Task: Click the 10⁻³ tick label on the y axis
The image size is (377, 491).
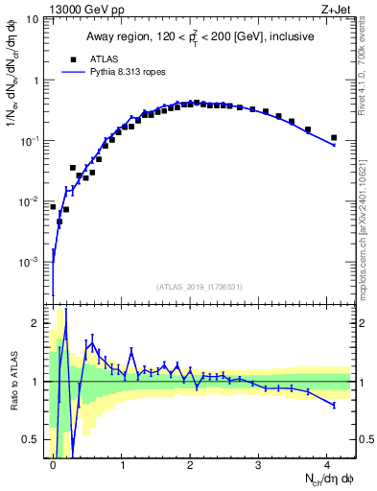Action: tap(31, 262)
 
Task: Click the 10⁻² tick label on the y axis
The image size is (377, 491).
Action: tap(31, 201)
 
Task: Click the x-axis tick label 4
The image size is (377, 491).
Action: tap(327, 464)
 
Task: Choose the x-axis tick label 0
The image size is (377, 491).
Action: tap(53, 464)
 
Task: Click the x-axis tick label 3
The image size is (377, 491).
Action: tap(259, 464)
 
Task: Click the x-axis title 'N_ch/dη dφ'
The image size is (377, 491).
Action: tap(323, 479)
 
